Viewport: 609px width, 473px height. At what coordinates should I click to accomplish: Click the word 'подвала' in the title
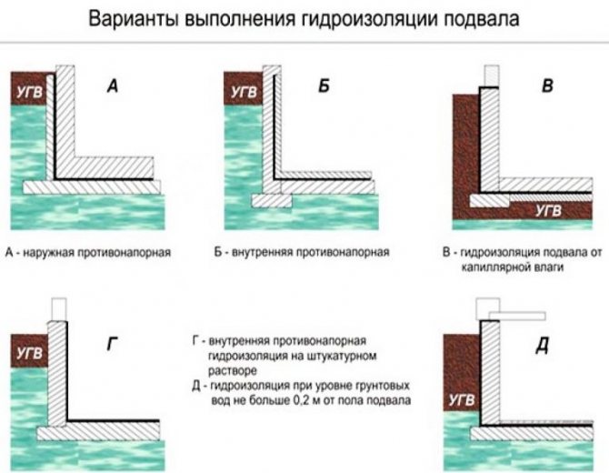pyautogui.click(x=475, y=19)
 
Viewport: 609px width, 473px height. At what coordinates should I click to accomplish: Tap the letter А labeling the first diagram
pyautogui.click(x=113, y=86)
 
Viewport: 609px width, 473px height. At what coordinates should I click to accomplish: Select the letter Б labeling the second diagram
pyautogui.click(x=324, y=87)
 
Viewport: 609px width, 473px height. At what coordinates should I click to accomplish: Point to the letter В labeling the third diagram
pyautogui.click(x=546, y=87)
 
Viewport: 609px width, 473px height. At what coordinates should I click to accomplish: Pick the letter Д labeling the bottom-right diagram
pyautogui.click(x=542, y=346)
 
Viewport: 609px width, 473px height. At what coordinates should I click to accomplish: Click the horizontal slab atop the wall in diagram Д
pyautogui.click(x=515, y=316)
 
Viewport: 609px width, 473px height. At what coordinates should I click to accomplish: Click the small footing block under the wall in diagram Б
pyautogui.click(x=271, y=199)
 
